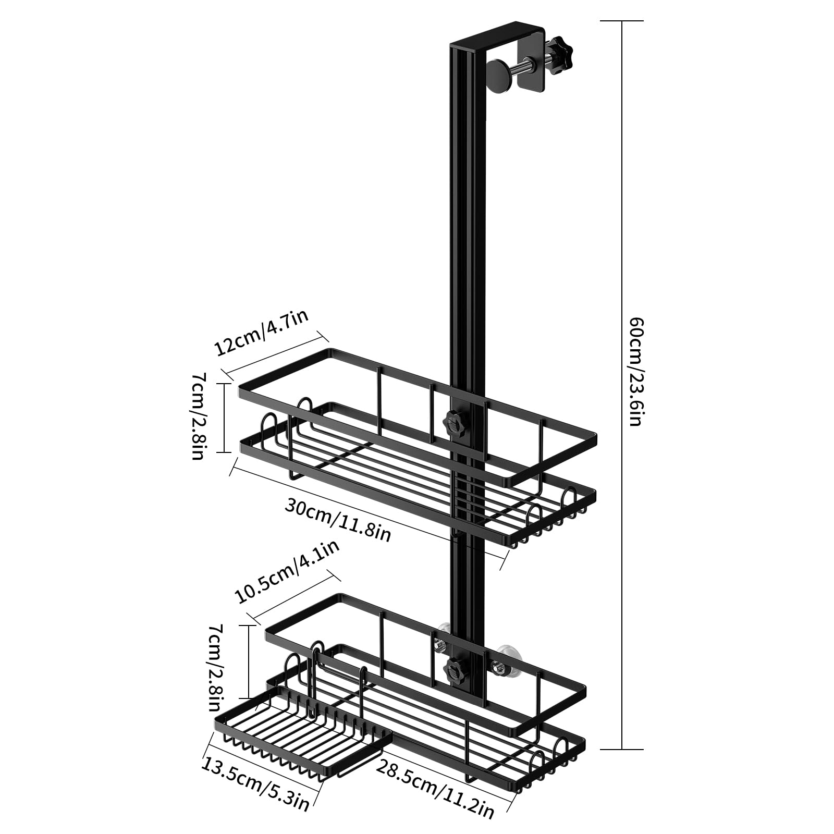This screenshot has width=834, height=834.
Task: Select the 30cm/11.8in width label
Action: [338, 519]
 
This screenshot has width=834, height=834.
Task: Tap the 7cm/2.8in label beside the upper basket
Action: [198, 415]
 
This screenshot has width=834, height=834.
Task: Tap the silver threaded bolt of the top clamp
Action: [529, 66]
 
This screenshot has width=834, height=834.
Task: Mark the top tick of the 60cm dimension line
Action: [622, 21]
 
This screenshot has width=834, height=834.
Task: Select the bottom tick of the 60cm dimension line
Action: [622, 749]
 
